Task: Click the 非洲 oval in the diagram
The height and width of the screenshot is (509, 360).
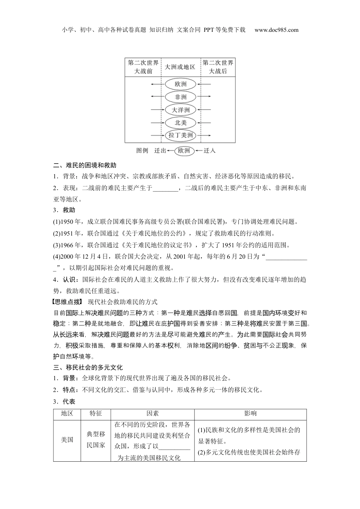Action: click(181, 97)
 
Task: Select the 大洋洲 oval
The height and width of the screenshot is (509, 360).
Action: click(181, 110)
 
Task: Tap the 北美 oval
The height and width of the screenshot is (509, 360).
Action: click(181, 122)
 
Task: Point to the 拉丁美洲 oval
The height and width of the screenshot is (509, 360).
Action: click(181, 135)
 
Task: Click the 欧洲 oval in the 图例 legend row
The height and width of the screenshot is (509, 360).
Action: click(184, 151)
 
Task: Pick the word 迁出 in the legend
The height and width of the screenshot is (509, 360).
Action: click(160, 151)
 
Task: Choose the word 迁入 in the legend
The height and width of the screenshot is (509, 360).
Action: click(210, 151)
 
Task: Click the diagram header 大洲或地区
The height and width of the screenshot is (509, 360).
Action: click(180, 67)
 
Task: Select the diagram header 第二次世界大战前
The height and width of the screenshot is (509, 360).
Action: click(143, 67)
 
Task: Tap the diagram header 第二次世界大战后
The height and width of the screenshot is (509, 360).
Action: click(218, 67)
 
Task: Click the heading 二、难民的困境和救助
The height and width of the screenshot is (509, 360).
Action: click(85, 165)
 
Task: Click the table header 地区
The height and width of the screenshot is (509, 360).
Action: click(67, 414)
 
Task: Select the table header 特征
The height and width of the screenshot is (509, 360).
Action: click(96, 414)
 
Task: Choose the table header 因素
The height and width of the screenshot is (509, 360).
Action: click(153, 414)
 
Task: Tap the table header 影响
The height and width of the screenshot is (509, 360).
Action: click(250, 414)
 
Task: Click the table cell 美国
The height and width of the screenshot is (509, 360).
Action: click(67, 440)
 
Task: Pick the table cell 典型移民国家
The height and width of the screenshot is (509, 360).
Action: click(96, 440)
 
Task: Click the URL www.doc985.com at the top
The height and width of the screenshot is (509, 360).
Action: click(276, 30)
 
